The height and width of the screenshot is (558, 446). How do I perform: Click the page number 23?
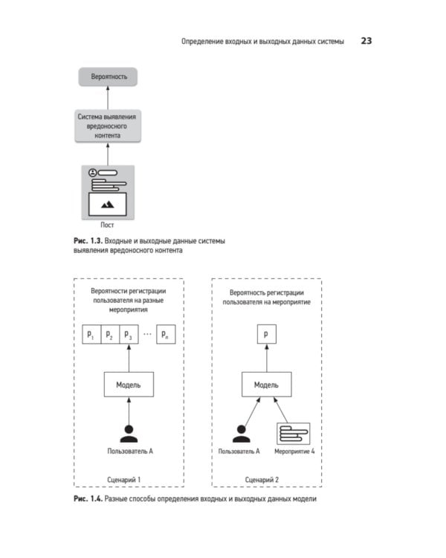coord(366,41)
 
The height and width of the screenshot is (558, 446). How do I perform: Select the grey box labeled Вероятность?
coord(109,77)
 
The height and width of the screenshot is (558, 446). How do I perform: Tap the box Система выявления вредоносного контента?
coord(109,126)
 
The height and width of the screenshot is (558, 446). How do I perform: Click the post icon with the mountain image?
coord(109,191)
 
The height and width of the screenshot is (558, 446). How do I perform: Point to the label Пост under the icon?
coord(109,223)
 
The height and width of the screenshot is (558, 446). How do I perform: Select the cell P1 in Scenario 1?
coord(91,336)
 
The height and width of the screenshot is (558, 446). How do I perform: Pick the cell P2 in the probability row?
coord(109,336)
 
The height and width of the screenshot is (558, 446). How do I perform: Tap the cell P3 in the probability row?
coord(128,336)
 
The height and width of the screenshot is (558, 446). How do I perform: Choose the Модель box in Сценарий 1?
coord(129,385)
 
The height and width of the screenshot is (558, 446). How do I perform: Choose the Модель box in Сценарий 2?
coord(266,385)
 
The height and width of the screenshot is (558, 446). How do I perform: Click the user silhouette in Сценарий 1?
coord(129,433)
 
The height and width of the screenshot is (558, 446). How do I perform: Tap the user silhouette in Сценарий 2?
coord(239,433)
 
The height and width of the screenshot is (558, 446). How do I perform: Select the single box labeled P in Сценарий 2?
coord(266,336)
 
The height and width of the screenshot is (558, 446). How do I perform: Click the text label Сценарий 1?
coord(129,479)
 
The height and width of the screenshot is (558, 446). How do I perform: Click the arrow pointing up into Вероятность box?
coord(109,97)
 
